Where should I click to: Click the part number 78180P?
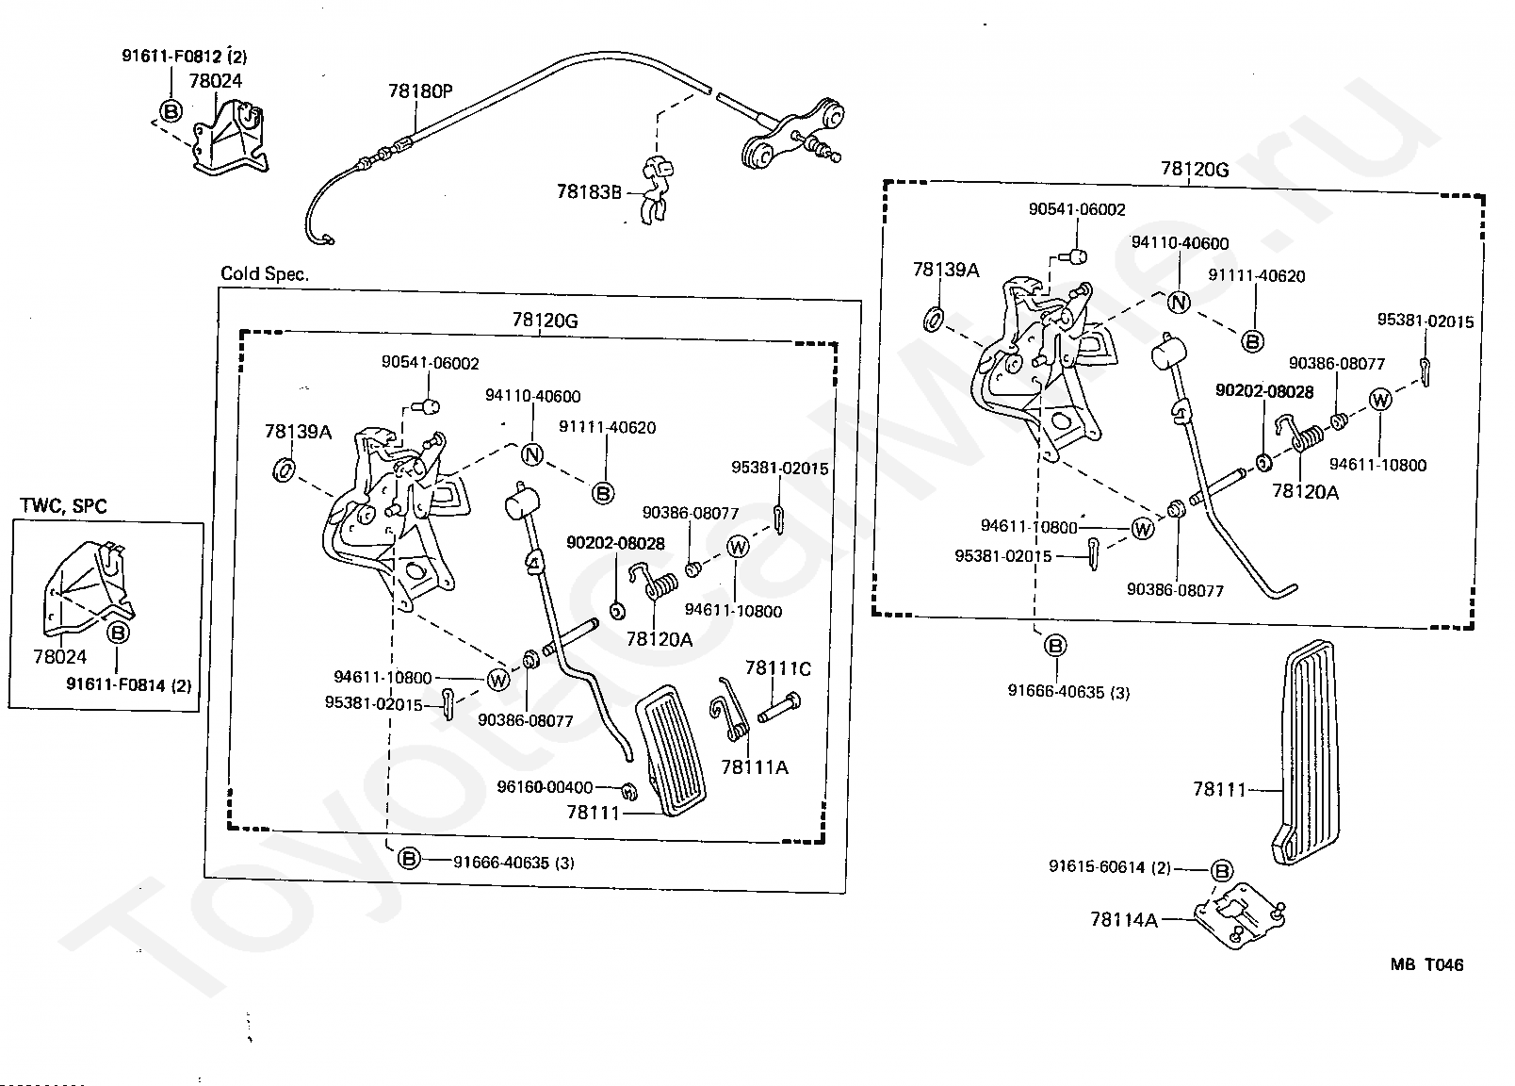pos(420,91)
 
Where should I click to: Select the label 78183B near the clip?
pos(589,191)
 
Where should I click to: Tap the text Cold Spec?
pos(265,274)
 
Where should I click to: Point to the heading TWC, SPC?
pos(63,506)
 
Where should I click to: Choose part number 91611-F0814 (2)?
pos(128,685)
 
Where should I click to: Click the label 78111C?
pos(777,668)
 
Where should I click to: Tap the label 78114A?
pos(1124,919)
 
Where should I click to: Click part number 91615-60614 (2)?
pos(1109,867)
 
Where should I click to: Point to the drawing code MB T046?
pos(1426,964)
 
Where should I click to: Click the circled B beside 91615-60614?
pos(1221,871)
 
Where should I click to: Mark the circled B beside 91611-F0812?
pos(171,111)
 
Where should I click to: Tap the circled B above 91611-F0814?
pos(119,633)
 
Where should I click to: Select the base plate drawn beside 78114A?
pos(1239,916)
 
